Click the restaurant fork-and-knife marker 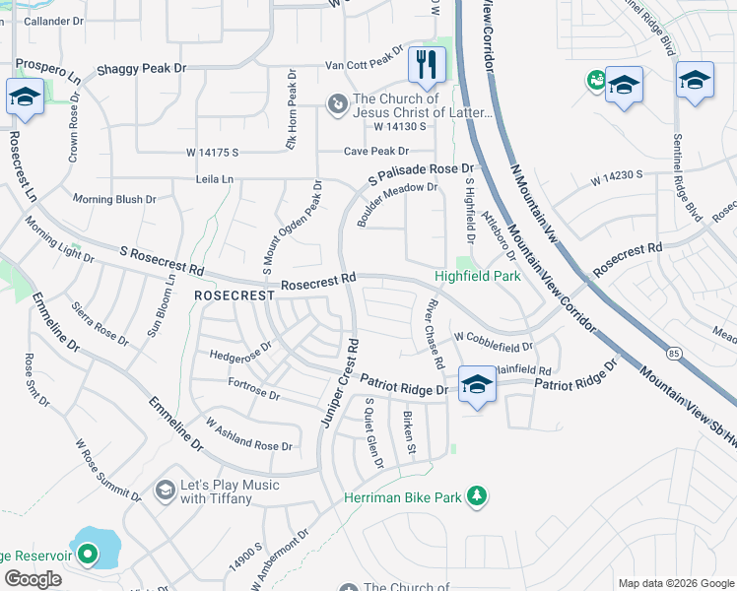click(427, 66)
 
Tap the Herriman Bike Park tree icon click(477, 494)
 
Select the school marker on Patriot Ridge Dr click(477, 385)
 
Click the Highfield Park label click(479, 277)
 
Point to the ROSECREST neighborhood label click(233, 295)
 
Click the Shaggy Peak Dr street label click(141, 70)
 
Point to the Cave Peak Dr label click(375, 151)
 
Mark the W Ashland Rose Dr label click(248, 433)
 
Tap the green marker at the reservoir click(88, 555)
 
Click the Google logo click(33, 579)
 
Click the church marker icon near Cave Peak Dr click(337, 102)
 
